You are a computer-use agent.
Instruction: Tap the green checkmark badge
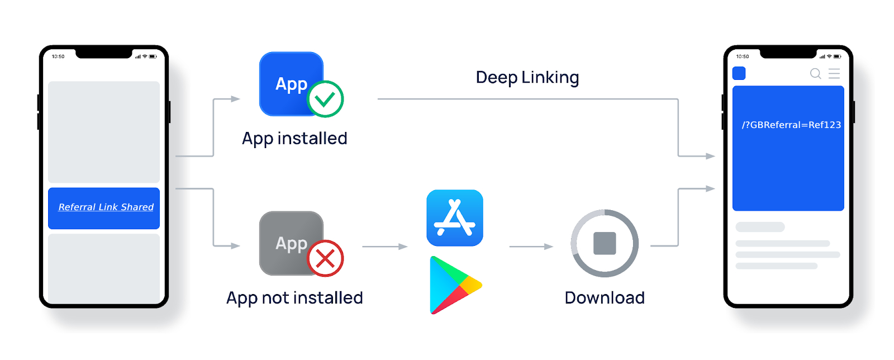point(325,99)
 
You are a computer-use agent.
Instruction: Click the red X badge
point(325,258)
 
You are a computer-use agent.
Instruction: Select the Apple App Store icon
point(455,218)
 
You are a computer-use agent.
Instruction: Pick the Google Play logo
point(454,285)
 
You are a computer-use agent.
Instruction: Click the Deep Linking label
point(527,77)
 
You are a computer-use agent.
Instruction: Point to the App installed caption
point(294,138)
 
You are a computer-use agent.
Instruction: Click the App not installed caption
point(294,297)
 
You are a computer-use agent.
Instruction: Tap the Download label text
point(605,297)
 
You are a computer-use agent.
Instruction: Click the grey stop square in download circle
point(605,243)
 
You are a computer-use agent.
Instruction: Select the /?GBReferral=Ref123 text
point(791,125)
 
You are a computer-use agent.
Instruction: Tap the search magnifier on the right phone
point(815,73)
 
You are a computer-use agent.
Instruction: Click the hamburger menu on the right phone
point(834,73)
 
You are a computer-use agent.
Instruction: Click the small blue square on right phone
point(739,73)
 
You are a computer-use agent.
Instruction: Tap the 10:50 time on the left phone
point(58,56)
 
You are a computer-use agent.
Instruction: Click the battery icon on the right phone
point(837,56)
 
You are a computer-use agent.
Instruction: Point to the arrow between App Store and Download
point(531,246)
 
